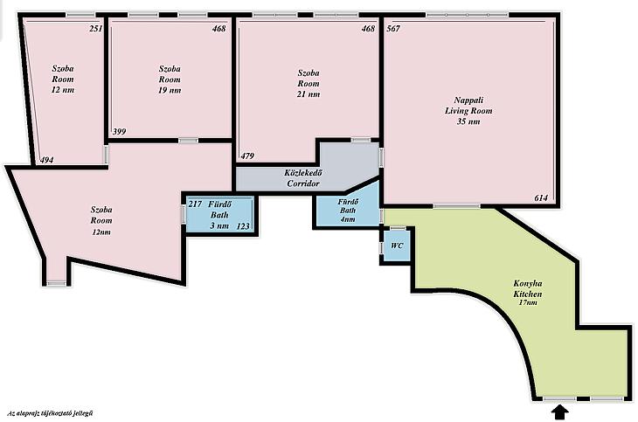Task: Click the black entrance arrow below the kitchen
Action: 560,412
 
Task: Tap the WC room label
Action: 397,246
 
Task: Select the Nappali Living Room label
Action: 468,111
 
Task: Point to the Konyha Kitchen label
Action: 527,294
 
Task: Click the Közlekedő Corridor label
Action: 303,178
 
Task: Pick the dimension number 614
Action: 541,198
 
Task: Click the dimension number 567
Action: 393,29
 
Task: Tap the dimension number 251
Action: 96,29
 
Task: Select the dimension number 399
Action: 119,131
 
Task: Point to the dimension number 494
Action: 47,161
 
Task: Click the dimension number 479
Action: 247,156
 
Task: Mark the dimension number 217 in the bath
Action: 195,204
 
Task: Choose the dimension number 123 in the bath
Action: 243,226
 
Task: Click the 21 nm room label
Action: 309,83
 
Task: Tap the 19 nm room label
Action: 170,80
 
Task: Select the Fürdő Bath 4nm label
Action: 348,211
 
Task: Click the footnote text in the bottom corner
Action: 50,413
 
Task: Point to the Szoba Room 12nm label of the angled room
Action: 101,220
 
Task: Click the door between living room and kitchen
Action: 456,206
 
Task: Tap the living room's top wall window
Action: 468,15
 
